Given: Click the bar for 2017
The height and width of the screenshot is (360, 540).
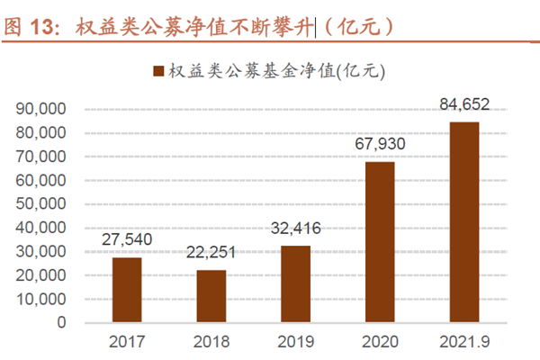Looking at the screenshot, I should pyautogui.click(x=127, y=289).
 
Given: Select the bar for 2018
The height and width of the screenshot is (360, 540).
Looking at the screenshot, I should pyautogui.click(x=211, y=295).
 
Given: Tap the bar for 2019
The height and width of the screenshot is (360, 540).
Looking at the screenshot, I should pyautogui.click(x=296, y=283).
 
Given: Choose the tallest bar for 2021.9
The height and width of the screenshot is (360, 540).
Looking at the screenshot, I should pyautogui.click(x=464, y=221).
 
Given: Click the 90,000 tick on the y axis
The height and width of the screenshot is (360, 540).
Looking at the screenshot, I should pyautogui.click(x=41, y=109).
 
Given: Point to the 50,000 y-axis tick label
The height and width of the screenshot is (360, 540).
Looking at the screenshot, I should pyautogui.click(x=41, y=203).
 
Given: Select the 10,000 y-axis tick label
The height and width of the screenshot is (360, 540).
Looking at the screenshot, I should pyautogui.click(x=41, y=298).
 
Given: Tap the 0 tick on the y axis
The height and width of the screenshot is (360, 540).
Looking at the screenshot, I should pyautogui.click(x=62, y=321).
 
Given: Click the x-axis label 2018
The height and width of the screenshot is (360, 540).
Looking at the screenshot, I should pyautogui.click(x=211, y=343).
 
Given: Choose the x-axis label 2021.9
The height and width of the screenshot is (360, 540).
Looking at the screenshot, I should pyautogui.click(x=464, y=343).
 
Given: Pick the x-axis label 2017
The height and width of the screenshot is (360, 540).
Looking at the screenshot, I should pyautogui.click(x=127, y=343).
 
